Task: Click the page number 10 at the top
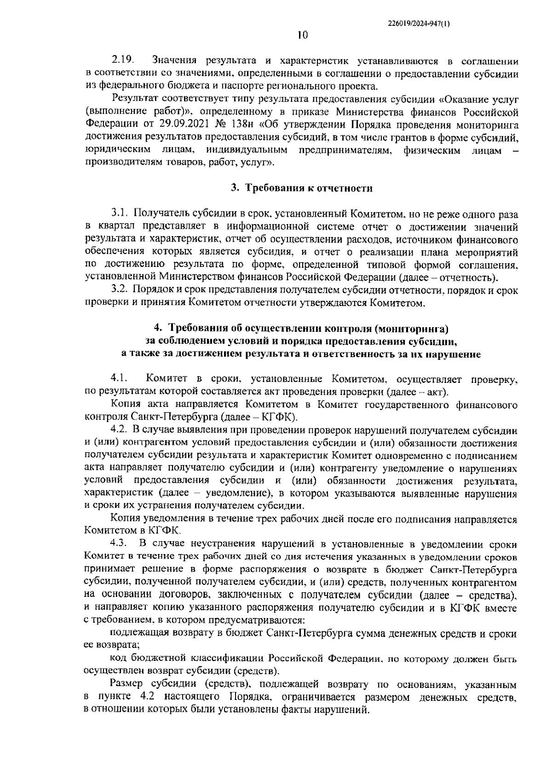302,35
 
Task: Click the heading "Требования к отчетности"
308,188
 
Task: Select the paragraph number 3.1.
120,214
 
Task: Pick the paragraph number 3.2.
120,290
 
